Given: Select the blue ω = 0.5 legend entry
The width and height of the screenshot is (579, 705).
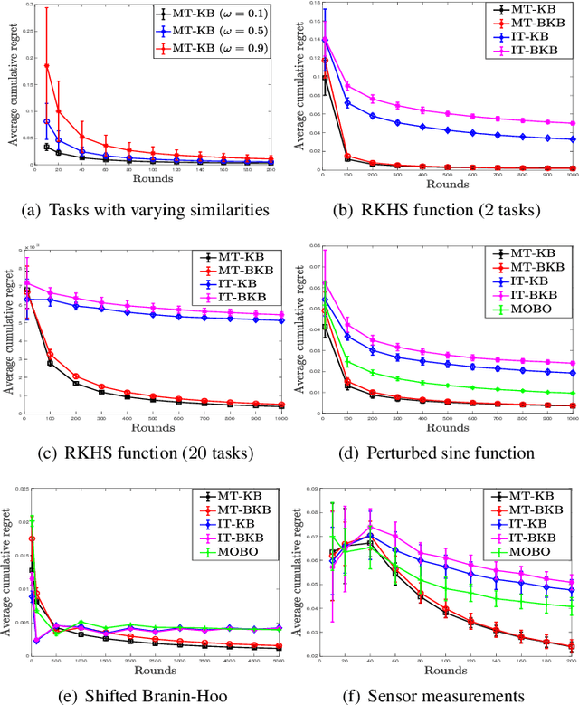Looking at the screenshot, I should coord(214,30).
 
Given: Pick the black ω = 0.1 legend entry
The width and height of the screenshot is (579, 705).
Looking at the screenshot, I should coord(214,14).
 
